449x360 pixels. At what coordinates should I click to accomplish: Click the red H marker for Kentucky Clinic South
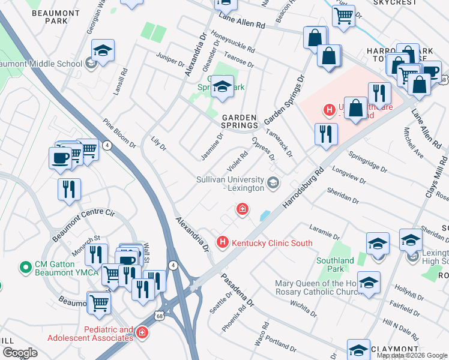click(x=223, y=243)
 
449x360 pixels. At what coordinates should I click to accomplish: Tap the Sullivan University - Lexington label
click(x=231, y=184)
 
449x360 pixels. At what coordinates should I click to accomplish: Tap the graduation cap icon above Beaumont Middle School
click(x=103, y=50)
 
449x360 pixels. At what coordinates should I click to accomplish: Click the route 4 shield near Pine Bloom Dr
click(x=107, y=145)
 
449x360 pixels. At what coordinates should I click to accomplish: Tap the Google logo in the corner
click(x=20, y=352)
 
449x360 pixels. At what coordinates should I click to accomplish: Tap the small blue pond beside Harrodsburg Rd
click(x=265, y=215)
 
